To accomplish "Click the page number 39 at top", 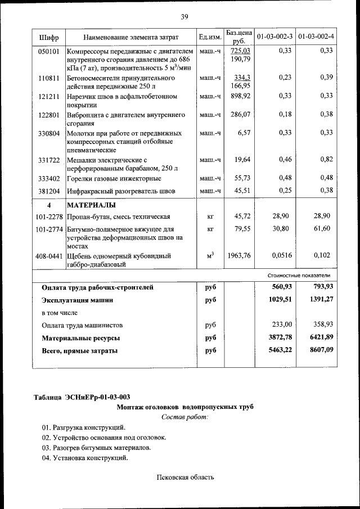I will pos(184,16).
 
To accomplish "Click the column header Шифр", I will pos(48,37).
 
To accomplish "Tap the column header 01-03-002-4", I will pos(316,37).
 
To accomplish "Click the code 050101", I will pos(48,51).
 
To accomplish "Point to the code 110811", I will pos(48,78).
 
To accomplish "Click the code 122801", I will pos(48,115).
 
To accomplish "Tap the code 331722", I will pos(48,160).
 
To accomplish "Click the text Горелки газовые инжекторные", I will pos(114,178).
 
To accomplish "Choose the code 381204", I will pos(48,191).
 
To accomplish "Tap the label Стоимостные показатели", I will pos(298,276).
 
